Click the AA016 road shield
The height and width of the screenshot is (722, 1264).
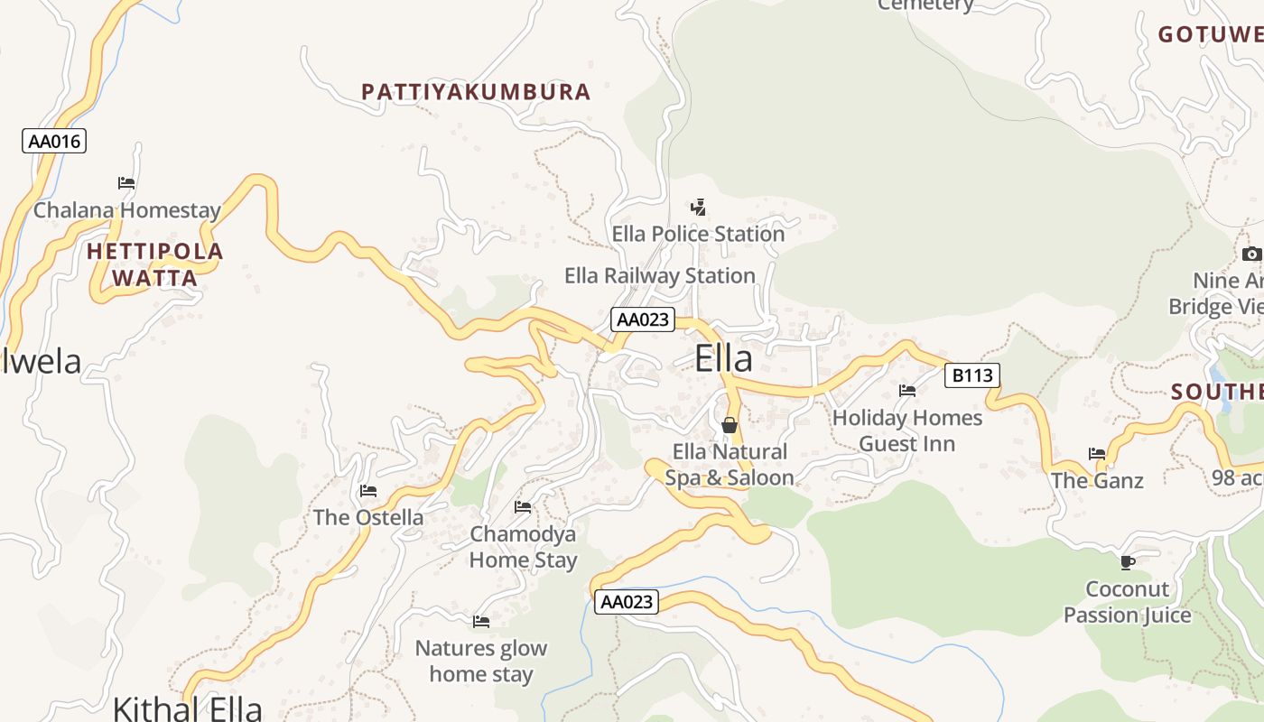pyautogui.click(x=54, y=141)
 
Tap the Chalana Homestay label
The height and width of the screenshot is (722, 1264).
pyautogui.click(x=127, y=210)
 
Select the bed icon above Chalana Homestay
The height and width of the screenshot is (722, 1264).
pyautogui.click(x=126, y=182)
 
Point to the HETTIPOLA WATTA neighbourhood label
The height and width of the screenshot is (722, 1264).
pyautogui.click(x=155, y=264)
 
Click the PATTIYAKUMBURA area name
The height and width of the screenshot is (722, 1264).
pyautogui.click(x=476, y=92)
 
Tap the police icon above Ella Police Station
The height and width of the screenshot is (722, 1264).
pyautogui.click(x=698, y=208)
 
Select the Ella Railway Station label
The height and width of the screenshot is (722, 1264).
pyautogui.click(x=660, y=275)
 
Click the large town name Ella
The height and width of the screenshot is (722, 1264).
pyautogui.click(x=723, y=359)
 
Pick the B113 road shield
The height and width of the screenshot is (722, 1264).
pyautogui.click(x=972, y=375)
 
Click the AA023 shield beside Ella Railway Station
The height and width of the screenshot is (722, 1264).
pyautogui.click(x=643, y=319)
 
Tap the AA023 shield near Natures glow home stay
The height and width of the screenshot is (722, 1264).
pyautogui.click(x=627, y=602)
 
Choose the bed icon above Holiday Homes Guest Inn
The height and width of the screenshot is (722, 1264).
pyautogui.click(x=907, y=391)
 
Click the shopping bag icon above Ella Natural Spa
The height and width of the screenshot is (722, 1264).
pyautogui.click(x=730, y=424)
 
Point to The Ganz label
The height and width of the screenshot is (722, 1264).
pyautogui.click(x=1097, y=481)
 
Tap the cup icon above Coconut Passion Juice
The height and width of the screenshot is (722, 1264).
pyautogui.click(x=1127, y=562)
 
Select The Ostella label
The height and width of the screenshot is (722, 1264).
pyautogui.click(x=368, y=517)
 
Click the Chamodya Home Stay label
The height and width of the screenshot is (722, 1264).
pyautogui.click(x=523, y=547)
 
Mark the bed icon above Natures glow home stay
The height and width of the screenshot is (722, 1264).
pyautogui.click(x=481, y=621)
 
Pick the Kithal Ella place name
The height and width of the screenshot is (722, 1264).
pyautogui.click(x=187, y=707)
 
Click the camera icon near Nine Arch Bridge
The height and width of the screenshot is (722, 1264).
pyautogui.click(x=1251, y=254)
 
